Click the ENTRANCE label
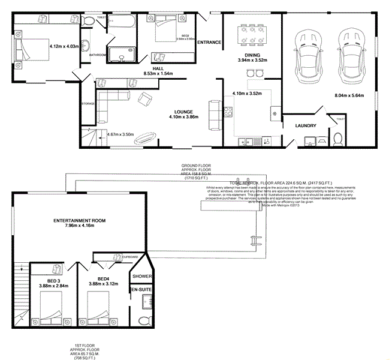pos(209,43)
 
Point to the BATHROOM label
pos(98,55)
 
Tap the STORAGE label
pos(88,104)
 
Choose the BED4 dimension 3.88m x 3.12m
pos(104,284)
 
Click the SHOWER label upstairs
pos(142,277)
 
